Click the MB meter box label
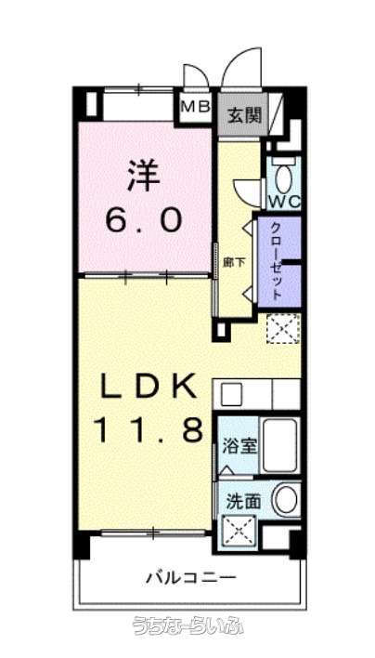pyautogui.click(x=195, y=107)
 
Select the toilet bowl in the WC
pyautogui.click(x=284, y=178)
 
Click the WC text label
pyautogui.click(x=284, y=203)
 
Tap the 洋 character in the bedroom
pyautogui.click(x=144, y=177)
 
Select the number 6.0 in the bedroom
pyautogui.click(x=144, y=220)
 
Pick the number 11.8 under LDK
pyautogui.click(x=150, y=429)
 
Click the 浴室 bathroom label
pyautogui.click(x=239, y=447)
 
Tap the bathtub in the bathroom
pyautogui.click(x=280, y=445)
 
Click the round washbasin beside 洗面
pyautogui.click(x=286, y=500)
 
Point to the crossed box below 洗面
pyautogui.click(x=239, y=532)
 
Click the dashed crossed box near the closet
pyautogui.click(x=283, y=329)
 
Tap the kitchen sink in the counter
pyautogui.click(x=230, y=394)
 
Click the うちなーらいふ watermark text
pyautogui.click(x=188, y=625)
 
